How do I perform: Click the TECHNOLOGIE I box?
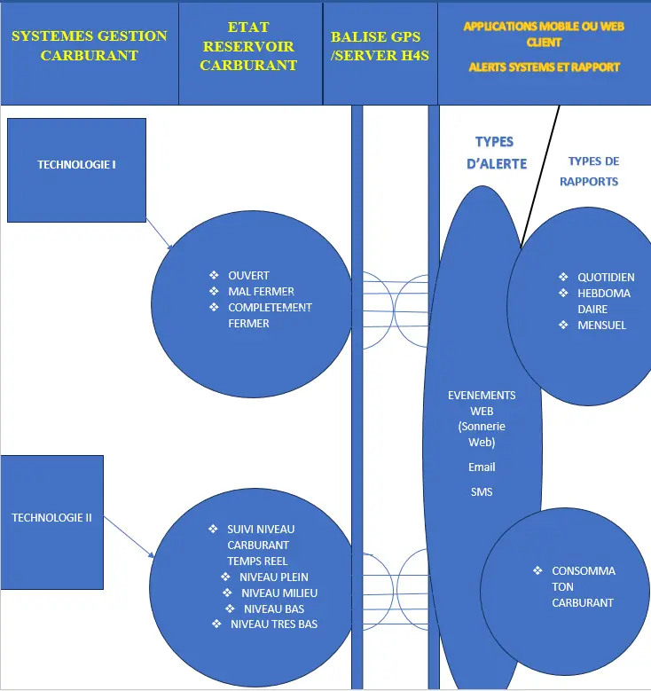tap(76, 165)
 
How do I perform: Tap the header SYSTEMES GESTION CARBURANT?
tap(89, 45)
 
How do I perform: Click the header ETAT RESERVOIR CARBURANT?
tap(248, 46)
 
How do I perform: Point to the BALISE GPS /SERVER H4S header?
tap(380, 46)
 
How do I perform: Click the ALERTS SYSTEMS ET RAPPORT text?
tap(544, 67)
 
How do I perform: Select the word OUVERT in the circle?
tap(248, 276)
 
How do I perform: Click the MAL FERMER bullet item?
tap(261, 292)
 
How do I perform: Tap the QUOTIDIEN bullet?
tap(606, 278)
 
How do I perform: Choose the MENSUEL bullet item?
tap(601, 326)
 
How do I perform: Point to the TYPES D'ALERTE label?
tap(496, 153)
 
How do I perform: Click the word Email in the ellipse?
tap(482, 467)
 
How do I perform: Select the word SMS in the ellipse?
tap(482, 491)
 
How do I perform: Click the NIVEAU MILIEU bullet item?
tap(278, 593)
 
